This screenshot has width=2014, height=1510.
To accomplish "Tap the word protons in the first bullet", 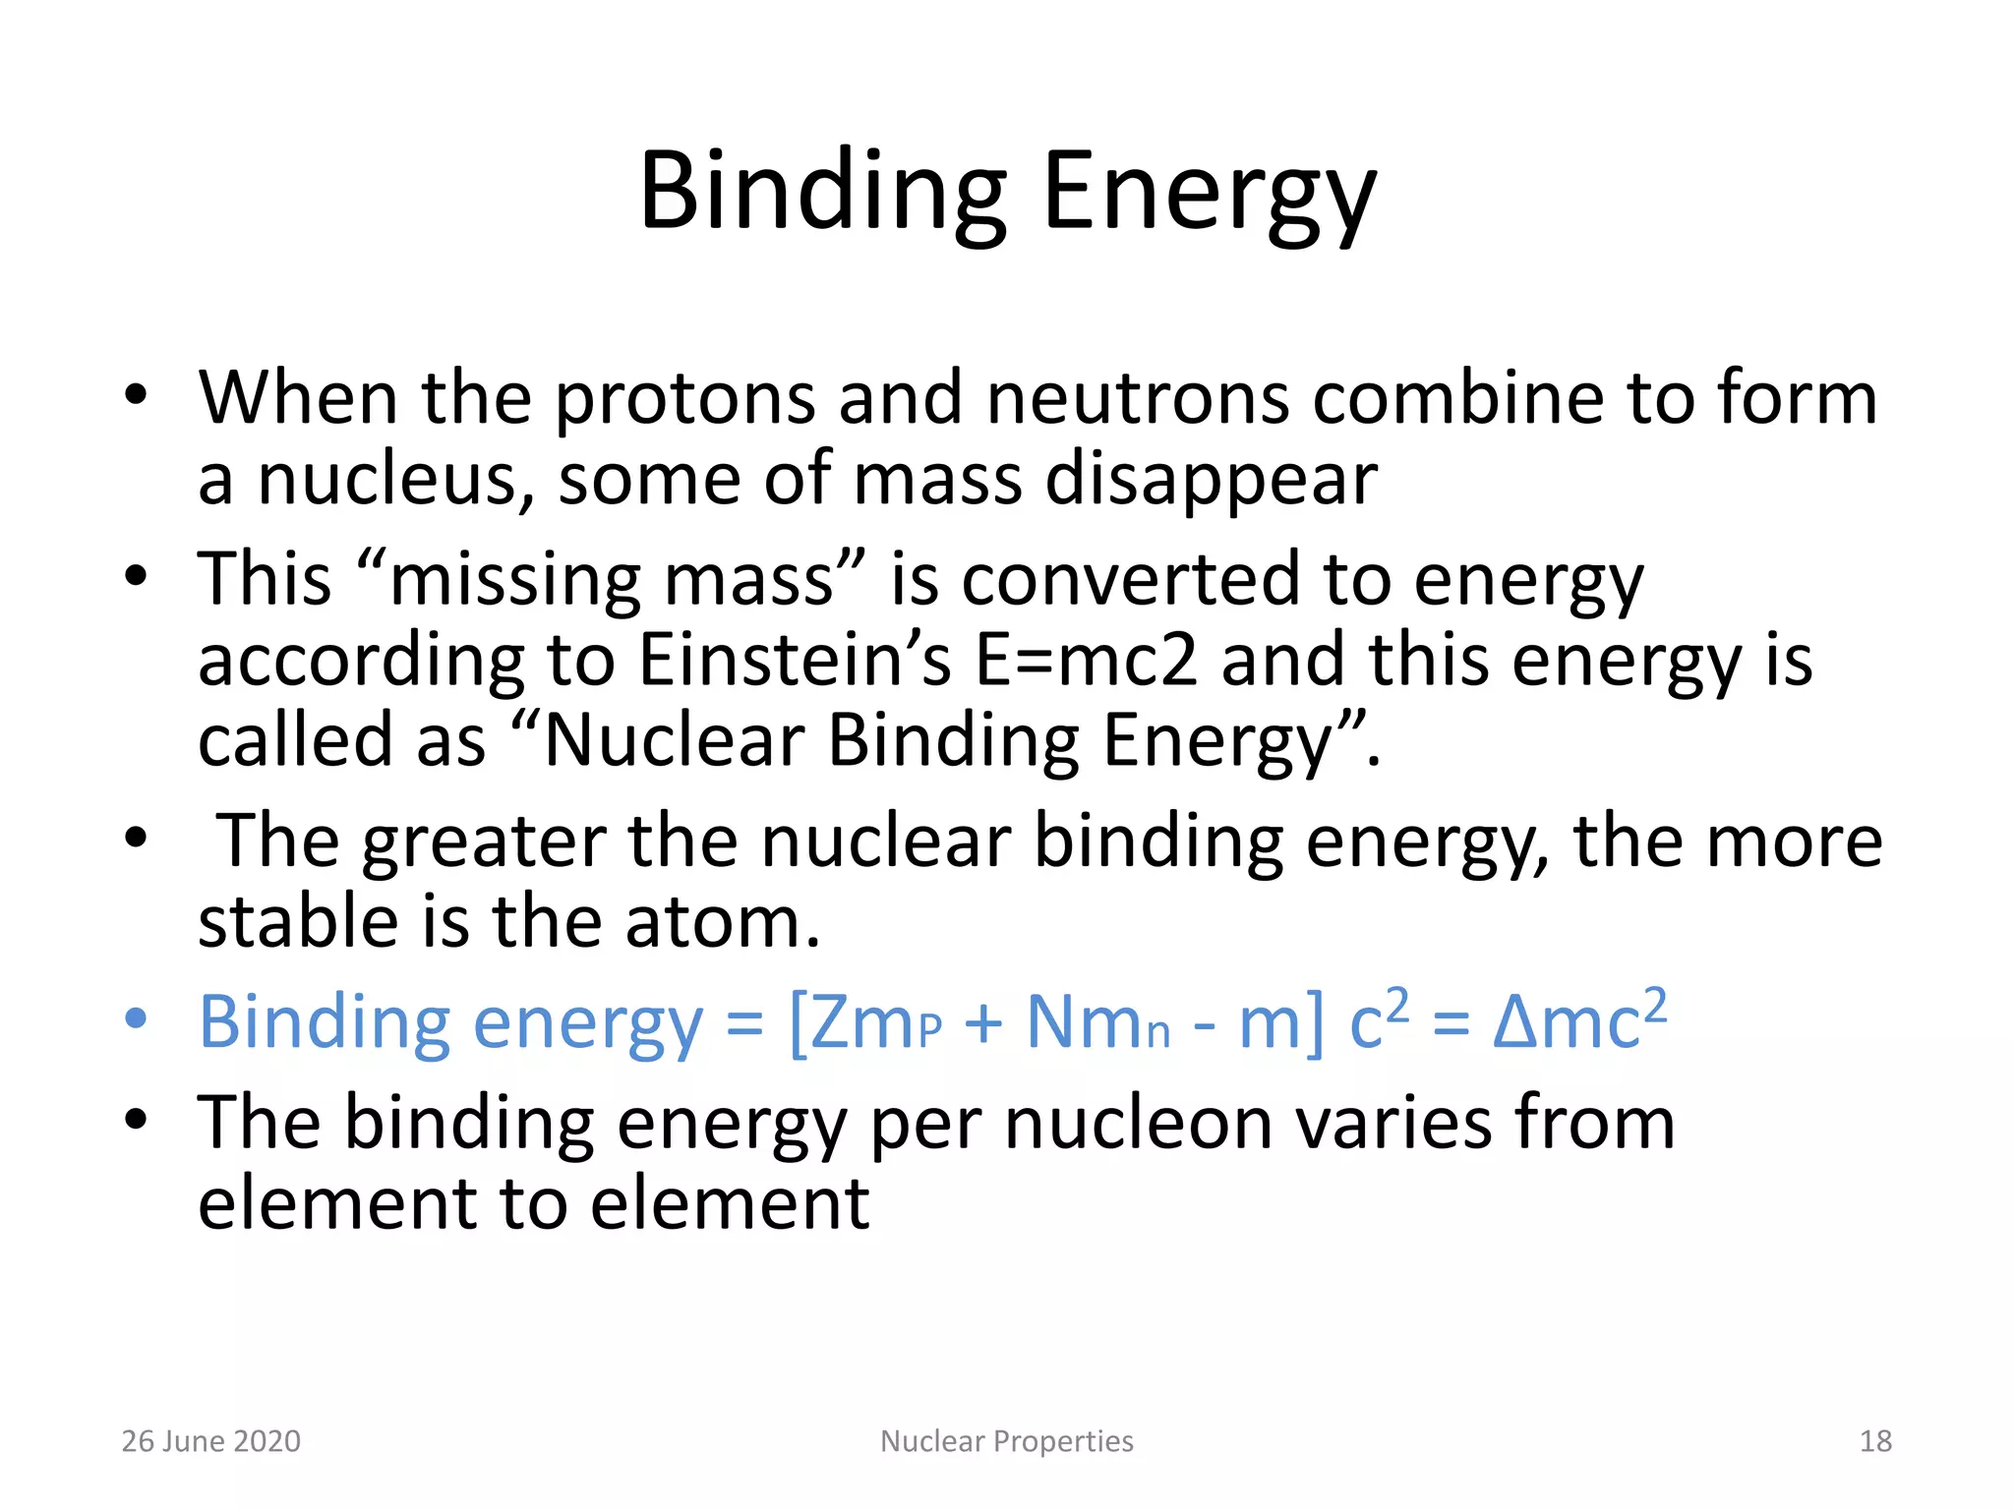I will click(x=684, y=399).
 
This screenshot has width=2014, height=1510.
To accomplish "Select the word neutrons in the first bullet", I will click(x=1137, y=399).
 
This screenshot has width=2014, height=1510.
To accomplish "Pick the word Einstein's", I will click(x=795, y=661).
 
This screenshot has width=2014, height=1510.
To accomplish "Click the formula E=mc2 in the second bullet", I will click(x=1086, y=661).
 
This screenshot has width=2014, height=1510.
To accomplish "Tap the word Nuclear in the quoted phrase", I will click(x=674, y=741).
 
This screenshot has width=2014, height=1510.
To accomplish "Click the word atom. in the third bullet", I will click(x=722, y=923).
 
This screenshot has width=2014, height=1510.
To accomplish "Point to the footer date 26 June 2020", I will click(x=210, y=1441).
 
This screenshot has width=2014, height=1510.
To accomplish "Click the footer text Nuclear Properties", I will click(x=1006, y=1441).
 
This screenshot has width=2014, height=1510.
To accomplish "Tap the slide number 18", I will click(x=1875, y=1441).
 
